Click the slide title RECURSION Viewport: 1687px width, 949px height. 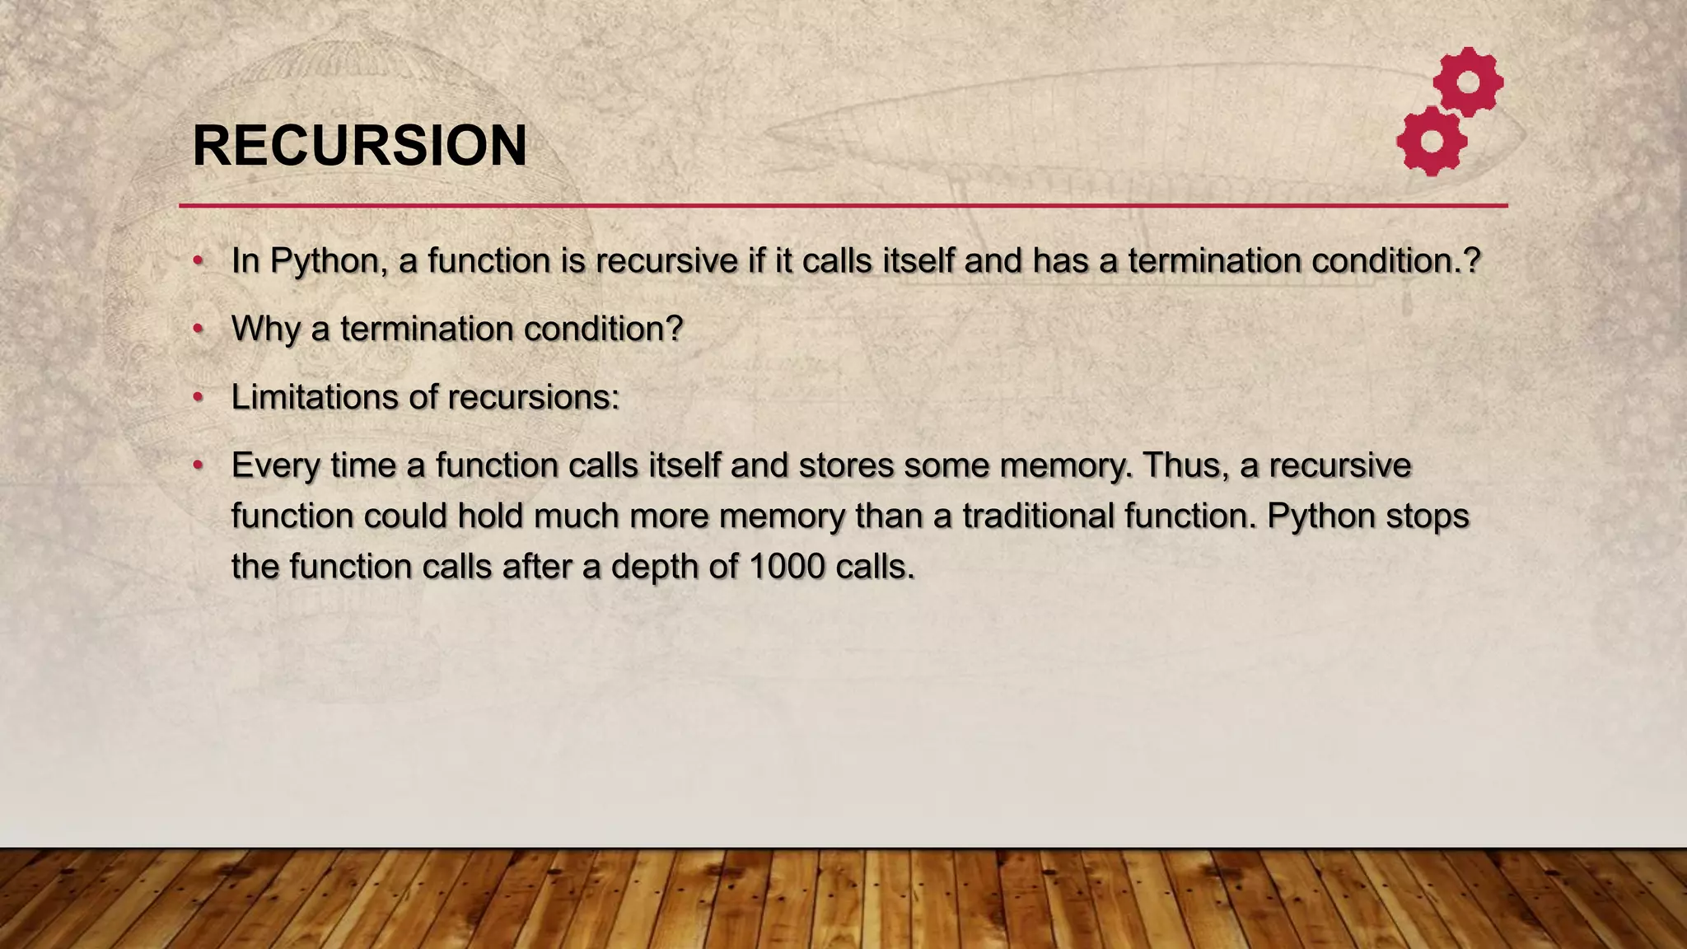pos(359,146)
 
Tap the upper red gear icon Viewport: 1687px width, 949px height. pos(1468,82)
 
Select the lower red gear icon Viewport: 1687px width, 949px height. pos(1432,141)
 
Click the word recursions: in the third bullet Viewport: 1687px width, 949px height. pos(533,397)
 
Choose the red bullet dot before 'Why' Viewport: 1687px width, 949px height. pos(198,330)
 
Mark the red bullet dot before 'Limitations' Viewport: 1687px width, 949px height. pos(198,398)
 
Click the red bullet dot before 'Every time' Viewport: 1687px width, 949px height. pos(198,466)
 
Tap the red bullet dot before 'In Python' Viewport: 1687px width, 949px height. pos(198,261)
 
